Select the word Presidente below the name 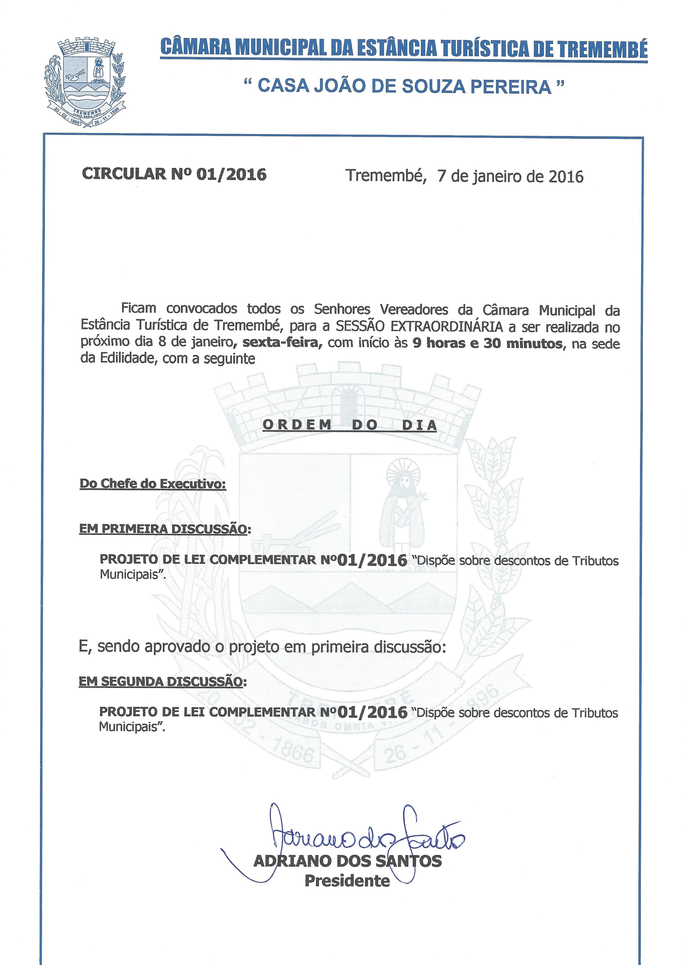point(347,880)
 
